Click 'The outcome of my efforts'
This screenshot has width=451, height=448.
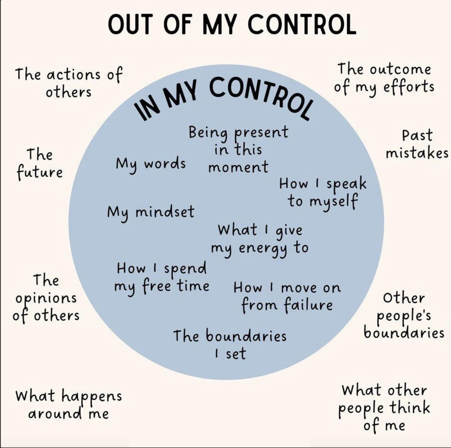[x=384, y=78]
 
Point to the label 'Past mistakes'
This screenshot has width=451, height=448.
[x=417, y=144]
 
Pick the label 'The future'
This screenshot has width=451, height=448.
[x=40, y=163]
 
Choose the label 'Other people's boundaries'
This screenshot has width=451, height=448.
[x=404, y=316]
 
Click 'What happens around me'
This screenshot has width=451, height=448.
[x=68, y=404]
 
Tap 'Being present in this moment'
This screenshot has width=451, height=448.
[x=238, y=149]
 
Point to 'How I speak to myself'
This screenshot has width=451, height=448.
[x=323, y=192]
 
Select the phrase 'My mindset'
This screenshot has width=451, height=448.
[x=150, y=212]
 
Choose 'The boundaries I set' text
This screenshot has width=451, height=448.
[x=230, y=345]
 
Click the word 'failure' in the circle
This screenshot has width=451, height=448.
[x=308, y=305]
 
